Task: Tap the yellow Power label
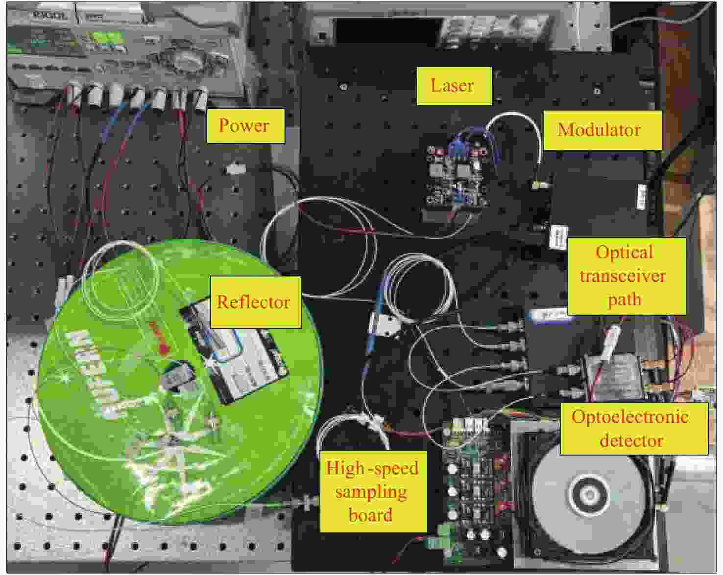coord(244,125)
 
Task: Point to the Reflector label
coord(254,301)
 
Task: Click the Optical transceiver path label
coord(625,276)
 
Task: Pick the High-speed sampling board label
coord(372,491)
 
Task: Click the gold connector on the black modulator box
coord(539,185)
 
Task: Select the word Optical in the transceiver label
coord(624,253)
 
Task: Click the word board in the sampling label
coord(370,515)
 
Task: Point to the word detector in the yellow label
coord(631,440)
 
